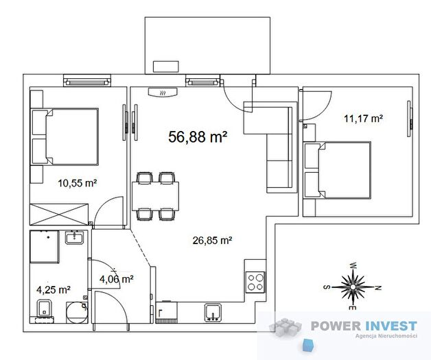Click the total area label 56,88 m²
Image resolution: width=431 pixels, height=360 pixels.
(198, 136)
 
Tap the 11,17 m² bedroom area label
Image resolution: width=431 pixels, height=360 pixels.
(363, 119)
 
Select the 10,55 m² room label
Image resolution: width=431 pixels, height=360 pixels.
(78, 183)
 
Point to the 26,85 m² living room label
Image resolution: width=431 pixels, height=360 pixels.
(212, 241)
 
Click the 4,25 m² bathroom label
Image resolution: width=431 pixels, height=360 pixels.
(54, 289)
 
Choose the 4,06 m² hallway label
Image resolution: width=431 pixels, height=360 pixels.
(117, 279)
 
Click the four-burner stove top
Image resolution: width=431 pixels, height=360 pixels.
(255, 282)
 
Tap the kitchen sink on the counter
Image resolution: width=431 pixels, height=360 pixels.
(213, 313)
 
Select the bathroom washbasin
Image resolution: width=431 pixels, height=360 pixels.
(75, 237)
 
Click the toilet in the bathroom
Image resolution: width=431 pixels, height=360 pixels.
(44, 311)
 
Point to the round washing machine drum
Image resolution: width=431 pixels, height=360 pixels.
(77, 313)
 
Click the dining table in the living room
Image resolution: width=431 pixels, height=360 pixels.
(155, 196)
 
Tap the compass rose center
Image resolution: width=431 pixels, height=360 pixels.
(353, 287)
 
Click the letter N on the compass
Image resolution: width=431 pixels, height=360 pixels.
(378, 288)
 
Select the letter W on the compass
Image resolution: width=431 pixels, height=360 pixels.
(353, 265)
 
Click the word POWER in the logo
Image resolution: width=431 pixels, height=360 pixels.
(336, 326)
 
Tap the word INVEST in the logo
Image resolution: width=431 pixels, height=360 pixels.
(391, 326)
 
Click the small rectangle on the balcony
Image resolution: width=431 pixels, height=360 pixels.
(166, 67)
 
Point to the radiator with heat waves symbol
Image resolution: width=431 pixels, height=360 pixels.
(163, 93)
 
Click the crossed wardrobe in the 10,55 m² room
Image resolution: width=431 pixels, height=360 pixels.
(59, 215)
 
